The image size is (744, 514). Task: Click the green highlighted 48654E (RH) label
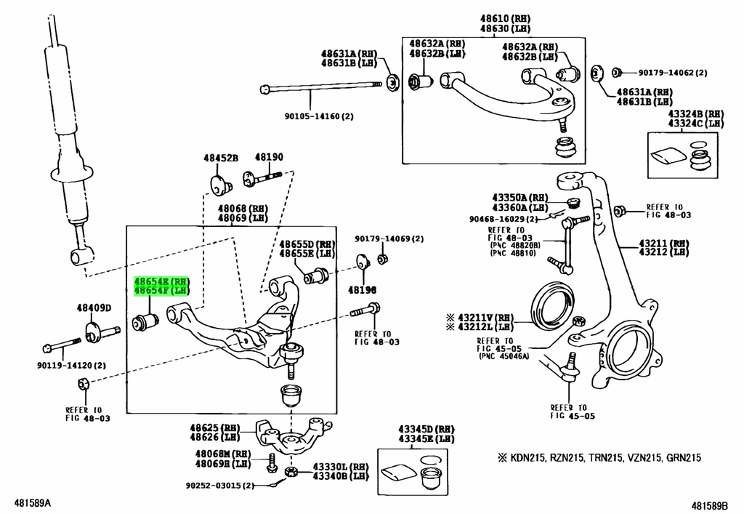click(161, 281)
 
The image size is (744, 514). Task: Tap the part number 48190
click(269, 157)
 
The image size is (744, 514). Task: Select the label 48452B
click(221, 158)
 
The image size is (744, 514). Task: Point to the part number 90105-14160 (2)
click(319, 116)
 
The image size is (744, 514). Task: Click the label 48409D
click(94, 308)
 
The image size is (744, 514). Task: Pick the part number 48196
click(362, 289)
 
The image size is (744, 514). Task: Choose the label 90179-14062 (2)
click(672, 73)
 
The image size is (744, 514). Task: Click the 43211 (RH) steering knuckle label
click(664, 244)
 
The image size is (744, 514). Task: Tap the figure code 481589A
click(33, 503)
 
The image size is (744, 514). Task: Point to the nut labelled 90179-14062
click(616, 73)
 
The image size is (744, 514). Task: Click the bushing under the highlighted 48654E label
click(145, 321)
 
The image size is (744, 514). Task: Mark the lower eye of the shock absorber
click(81, 257)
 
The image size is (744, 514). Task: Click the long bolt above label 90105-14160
click(321, 87)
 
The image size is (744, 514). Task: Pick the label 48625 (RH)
click(215, 427)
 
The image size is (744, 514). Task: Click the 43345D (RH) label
click(426, 429)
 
